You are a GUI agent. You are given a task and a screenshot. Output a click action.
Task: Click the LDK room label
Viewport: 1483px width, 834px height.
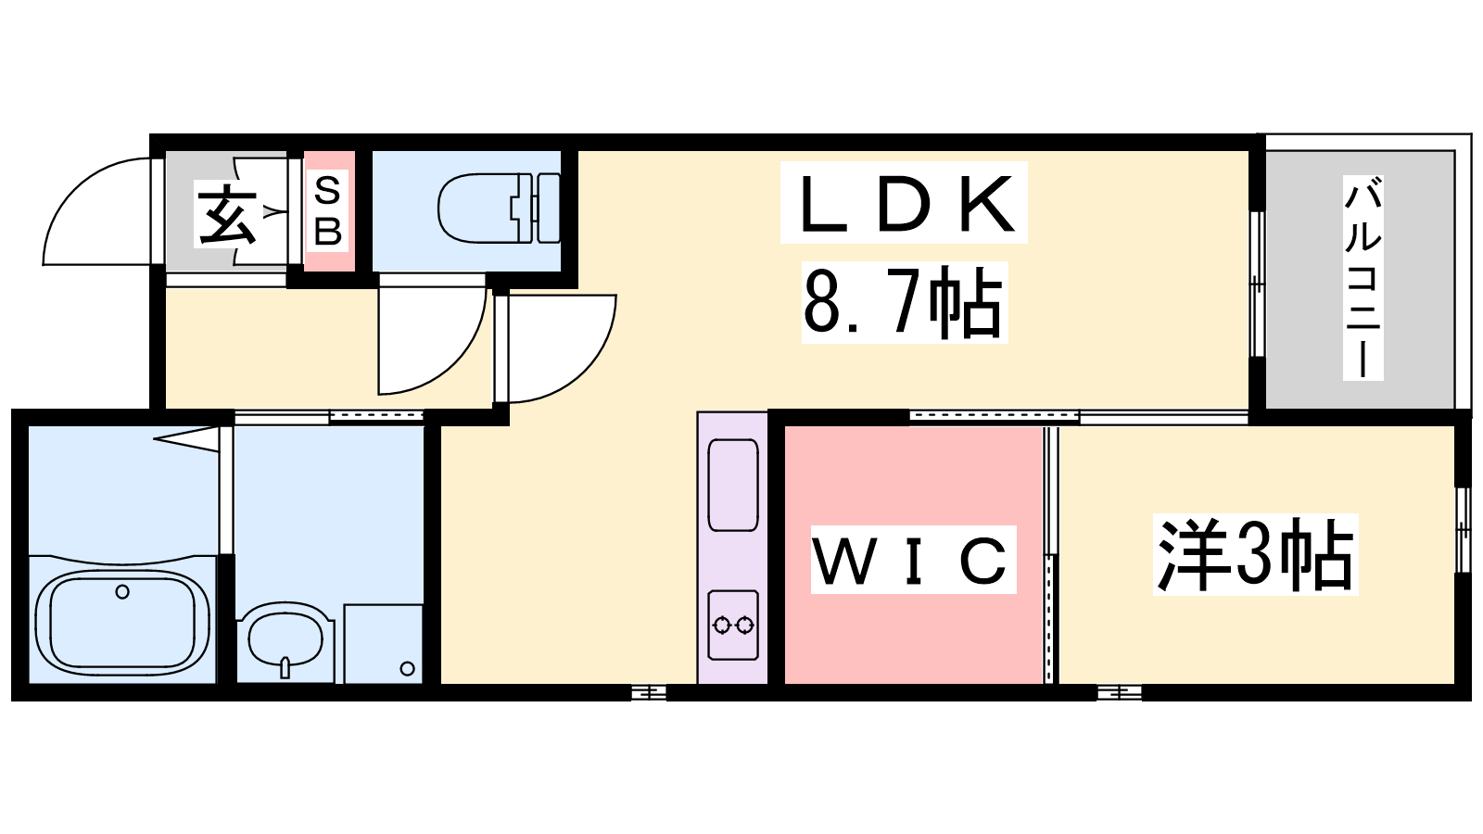click(x=905, y=203)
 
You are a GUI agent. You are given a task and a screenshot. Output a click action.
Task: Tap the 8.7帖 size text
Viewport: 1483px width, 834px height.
click(x=903, y=302)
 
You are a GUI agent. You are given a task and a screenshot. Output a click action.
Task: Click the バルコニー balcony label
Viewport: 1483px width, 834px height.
click(x=1363, y=278)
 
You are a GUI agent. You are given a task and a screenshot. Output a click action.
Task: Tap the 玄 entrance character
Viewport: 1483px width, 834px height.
click(x=226, y=217)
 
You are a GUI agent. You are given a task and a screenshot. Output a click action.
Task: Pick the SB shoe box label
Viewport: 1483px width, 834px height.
click(x=328, y=210)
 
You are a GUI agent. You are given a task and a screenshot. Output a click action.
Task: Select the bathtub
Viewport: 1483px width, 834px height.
click(x=122, y=625)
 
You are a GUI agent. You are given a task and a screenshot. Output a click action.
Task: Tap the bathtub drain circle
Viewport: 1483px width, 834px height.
click(x=122, y=591)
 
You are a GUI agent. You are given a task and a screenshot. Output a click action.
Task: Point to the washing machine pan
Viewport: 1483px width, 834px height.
click(x=384, y=643)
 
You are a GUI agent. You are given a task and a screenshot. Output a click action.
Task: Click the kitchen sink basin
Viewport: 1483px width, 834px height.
click(x=733, y=486)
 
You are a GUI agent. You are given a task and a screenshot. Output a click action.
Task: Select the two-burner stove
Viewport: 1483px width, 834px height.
click(x=733, y=625)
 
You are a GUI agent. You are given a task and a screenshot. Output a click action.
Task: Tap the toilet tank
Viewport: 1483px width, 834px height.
click(x=551, y=208)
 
